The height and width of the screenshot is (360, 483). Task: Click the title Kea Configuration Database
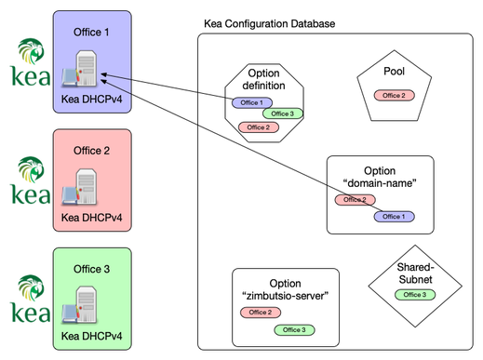[x=270, y=22]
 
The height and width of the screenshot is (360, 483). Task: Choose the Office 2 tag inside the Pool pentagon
[x=394, y=96]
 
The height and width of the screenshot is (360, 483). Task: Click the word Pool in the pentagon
[x=394, y=72]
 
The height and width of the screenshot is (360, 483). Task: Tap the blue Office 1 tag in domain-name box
[x=394, y=216]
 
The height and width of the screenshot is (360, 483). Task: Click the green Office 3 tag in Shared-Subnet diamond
[x=411, y=295]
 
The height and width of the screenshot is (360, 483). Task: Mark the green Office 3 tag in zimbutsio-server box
[x=293, y=329]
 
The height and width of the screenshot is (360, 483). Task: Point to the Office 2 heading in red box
[x=91, y=150]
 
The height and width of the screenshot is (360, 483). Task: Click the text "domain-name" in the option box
[x=382, y=182]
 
